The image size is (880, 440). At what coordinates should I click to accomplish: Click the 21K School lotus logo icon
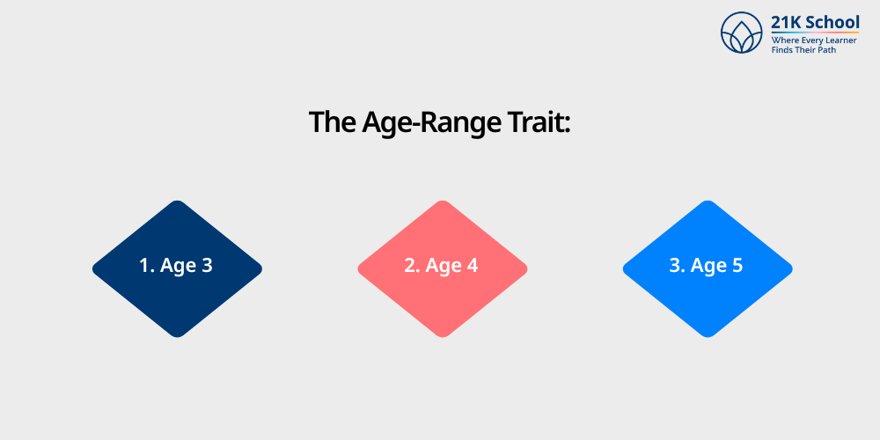[741, 33]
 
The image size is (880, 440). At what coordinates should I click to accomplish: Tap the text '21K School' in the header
[815, 22]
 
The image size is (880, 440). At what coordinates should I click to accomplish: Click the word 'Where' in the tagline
[785, 40]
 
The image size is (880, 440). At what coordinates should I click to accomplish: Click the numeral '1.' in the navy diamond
[146, 265]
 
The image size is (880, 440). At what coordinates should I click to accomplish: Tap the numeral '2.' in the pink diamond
[412, 265]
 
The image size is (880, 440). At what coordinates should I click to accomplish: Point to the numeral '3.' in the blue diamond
[677, 265]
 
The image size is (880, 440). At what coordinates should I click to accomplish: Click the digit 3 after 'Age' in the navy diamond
[207, 265]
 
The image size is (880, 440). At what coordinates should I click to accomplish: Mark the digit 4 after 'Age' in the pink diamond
[473, 265]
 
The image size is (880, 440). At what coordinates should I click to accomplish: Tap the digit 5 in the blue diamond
[737, 265]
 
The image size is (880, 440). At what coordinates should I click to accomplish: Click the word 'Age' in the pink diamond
[444, 266]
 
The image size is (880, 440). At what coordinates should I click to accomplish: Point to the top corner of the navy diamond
[177, 202]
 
